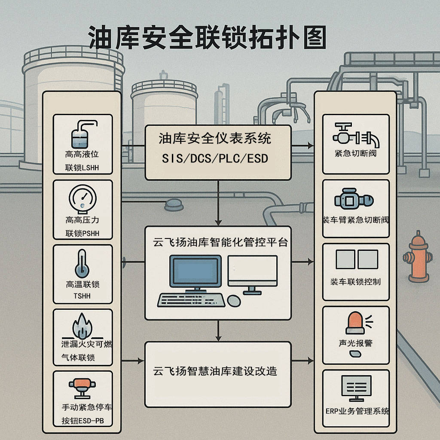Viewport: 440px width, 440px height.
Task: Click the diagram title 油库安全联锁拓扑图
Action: [208, 37]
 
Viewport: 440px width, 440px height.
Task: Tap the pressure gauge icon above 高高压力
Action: [82, 198]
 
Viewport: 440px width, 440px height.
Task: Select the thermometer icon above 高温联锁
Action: [82, 263]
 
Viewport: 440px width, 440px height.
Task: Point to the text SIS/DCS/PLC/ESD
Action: [215, 159]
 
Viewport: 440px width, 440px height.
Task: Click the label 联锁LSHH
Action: [82, 168]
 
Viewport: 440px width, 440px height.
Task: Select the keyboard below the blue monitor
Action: [191, 299]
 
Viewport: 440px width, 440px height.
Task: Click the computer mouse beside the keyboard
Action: [234, 301]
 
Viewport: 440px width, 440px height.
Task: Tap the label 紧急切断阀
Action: [355, 153]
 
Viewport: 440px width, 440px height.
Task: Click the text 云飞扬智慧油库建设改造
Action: [215, 371]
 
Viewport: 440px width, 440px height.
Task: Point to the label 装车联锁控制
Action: [355, 282]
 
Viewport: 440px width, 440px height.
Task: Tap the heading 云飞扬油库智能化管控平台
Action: [220, 242]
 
